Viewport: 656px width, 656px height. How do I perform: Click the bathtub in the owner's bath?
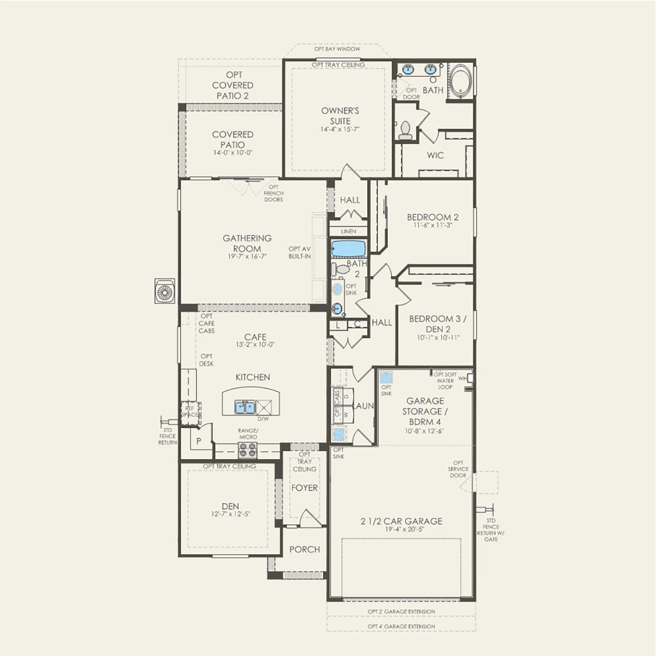[x=461, y=80]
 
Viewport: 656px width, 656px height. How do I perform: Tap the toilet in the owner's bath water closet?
[x=405, y=130]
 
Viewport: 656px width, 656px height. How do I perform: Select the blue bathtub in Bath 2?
[x=348, y=249]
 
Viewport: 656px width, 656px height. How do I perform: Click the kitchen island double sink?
[x=245, y=407]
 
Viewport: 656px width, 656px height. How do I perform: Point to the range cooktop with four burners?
[x=248, y=450]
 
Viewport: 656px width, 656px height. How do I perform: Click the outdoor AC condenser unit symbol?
[x=165, y=291]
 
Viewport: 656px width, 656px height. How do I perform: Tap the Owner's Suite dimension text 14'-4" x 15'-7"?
[x=340, y=130]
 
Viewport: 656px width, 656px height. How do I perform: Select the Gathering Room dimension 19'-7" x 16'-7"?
[x=247, y=256]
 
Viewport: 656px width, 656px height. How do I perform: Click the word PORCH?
[x=304, y=550]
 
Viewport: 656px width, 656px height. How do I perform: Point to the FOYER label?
[x=304, y=488]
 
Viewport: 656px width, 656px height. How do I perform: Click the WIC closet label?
[x=435, y=156]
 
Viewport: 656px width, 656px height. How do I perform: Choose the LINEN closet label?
[x=348, y=232]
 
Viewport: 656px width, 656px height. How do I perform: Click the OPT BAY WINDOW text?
[x=337, y=49]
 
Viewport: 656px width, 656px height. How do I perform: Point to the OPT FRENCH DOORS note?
[x=274, y=194]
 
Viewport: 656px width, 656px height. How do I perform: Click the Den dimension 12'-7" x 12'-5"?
[x=230, y=514]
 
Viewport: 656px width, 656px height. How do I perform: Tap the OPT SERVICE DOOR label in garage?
[x=458, y=469]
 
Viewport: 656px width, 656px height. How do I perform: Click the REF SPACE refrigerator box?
[x=190, y=413]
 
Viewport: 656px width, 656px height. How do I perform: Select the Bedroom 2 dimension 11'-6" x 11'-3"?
[x=432, y=225]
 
